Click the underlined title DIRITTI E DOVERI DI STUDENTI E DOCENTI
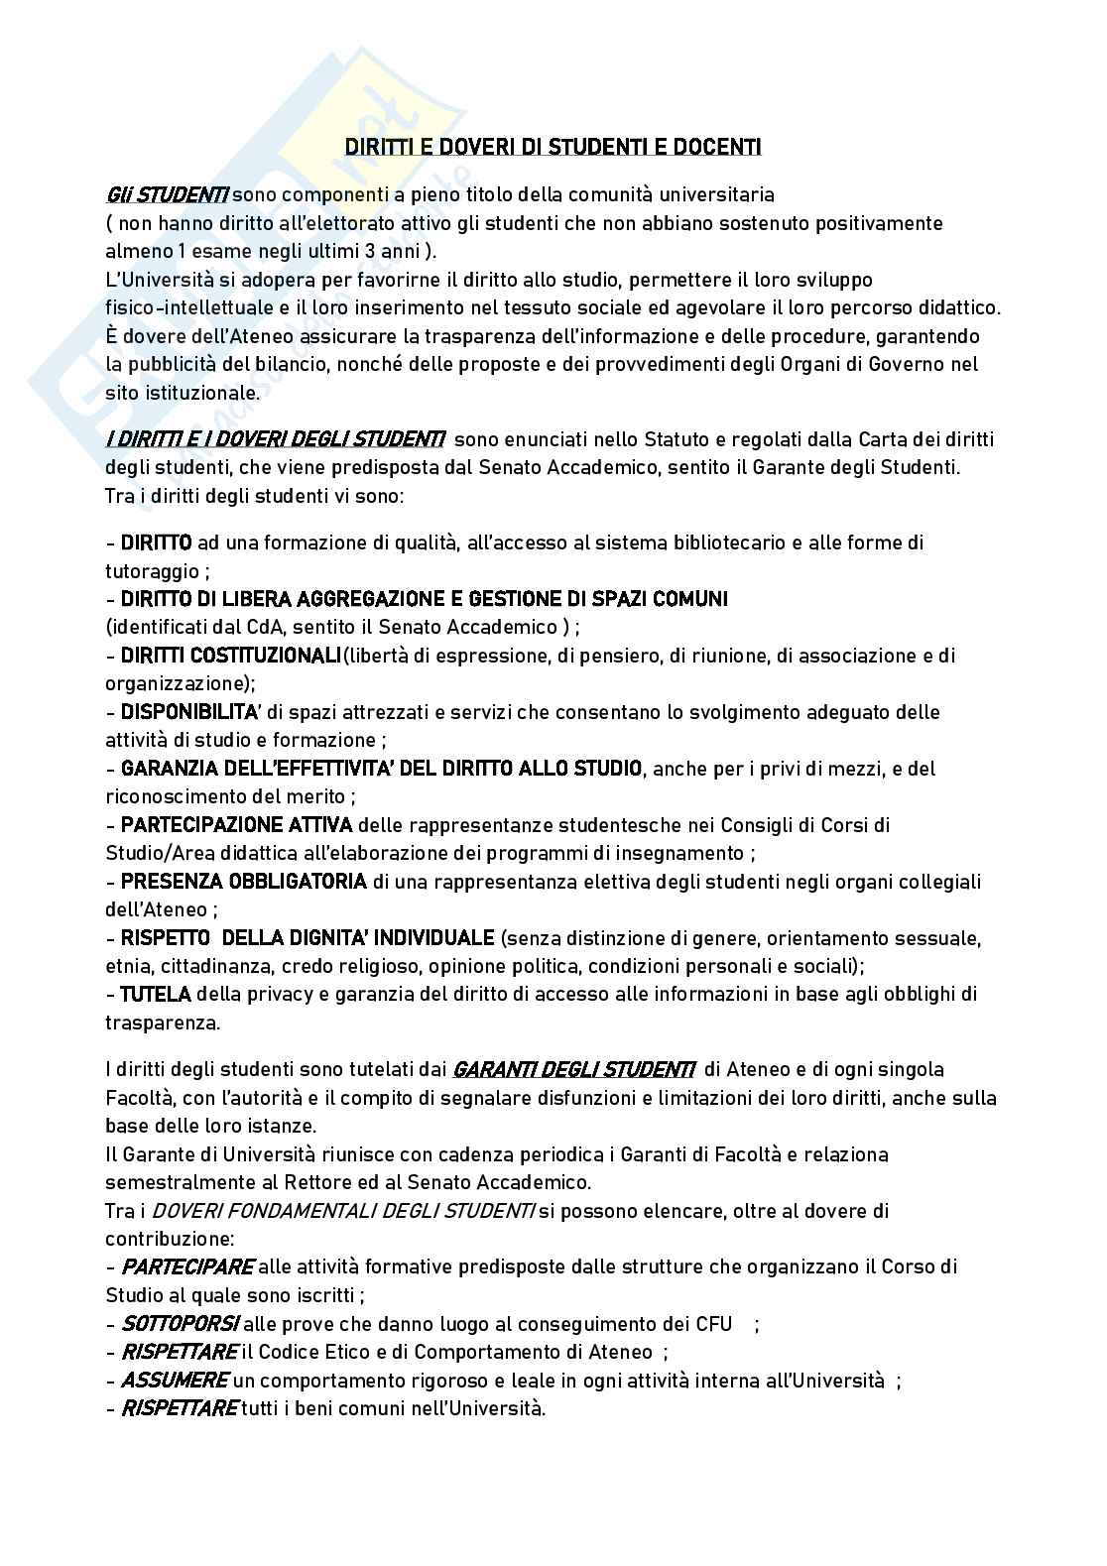click(x=553, y=148)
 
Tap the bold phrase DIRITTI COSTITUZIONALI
click(x=230, y=656)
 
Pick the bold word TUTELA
click(x=156, y=994)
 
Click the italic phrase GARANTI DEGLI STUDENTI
click(x=573, y=1070)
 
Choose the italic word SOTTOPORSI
click(x=180, y=1324)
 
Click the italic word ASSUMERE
click(x=175, y=1381)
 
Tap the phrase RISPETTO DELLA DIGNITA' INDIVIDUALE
click(x=307, y=938)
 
